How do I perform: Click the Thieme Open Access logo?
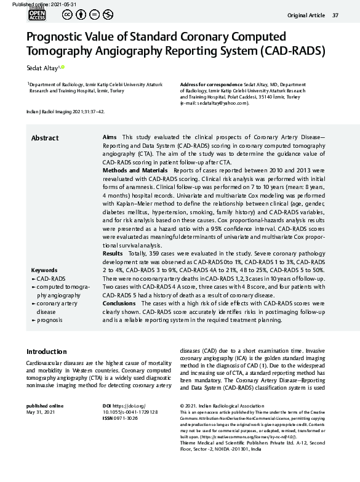[x=37, y=14]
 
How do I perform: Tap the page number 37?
[x=335, y=15]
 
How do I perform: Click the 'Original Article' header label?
[x=305, y=15]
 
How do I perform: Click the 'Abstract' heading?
[x=45, y=138]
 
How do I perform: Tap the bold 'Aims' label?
[x=109, y=137]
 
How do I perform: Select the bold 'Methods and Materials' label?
[x=134, y=169]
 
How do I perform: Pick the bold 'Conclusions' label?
[x=119, y=303]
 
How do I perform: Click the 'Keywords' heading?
[x=44, y=270]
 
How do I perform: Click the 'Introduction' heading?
[x=46, y=351]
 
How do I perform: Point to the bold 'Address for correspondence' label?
[x=210, y=84]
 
